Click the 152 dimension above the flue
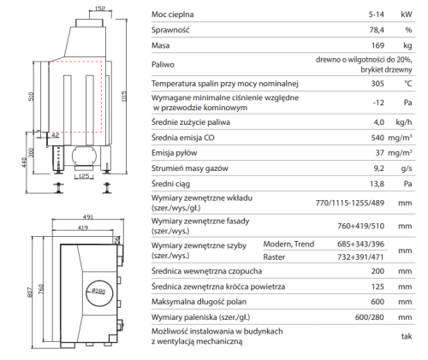pos(100,9)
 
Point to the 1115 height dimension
pos(124,97)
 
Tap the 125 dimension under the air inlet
pos(84,176)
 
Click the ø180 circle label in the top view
pos(99,292)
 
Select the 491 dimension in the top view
pos(88,217)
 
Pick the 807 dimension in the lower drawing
pos(30,292)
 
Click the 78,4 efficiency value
pos(377,30)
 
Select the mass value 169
pos(377,45)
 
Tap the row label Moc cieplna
pos(172,15)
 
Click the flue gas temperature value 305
pos(377,84)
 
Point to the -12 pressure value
pos(378,103)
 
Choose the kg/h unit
pos(404,122)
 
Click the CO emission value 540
pos(377,138)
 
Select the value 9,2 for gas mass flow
pos(379,168)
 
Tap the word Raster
pos(274,257)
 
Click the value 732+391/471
pos(360,257)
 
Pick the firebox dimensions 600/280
pos(370,317)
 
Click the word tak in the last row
pos(407,336)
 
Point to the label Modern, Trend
pos(288,245)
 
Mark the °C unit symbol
pos(408,84)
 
